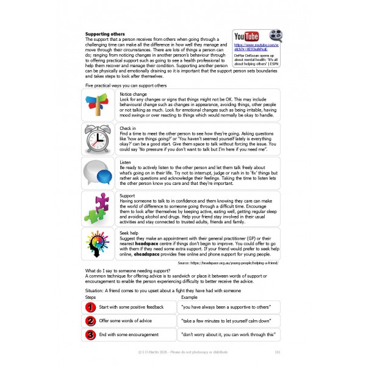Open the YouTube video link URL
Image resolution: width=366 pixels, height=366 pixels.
256,48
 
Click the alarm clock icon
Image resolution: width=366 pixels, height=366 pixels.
98,138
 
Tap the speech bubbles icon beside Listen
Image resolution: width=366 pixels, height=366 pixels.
98,173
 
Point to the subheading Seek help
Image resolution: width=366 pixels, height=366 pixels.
130,232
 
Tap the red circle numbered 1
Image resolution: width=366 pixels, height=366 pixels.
90,307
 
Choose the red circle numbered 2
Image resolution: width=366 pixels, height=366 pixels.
90,321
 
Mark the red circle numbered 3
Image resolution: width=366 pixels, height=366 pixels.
90,335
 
